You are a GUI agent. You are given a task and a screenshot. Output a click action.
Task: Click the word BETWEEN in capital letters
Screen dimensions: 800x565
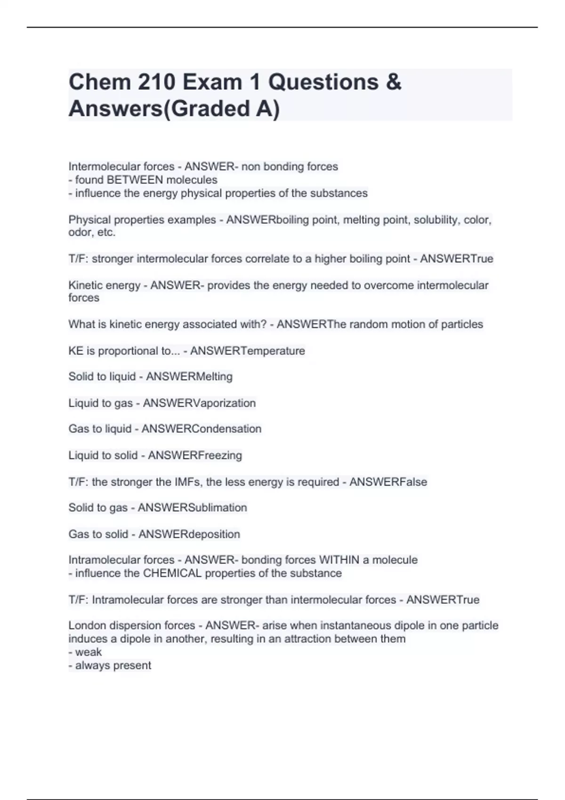135,180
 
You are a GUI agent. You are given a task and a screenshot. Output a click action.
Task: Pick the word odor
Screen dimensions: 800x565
81,232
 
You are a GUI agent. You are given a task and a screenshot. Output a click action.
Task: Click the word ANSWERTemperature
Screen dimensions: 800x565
248,351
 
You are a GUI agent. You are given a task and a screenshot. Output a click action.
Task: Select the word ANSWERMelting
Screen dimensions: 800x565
189,377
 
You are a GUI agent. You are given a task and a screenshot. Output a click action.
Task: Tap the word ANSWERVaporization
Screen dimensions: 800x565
199,403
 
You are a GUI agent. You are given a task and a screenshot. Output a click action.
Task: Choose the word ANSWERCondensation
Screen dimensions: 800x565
202,429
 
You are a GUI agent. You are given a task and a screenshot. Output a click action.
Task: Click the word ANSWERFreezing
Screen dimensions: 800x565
195,456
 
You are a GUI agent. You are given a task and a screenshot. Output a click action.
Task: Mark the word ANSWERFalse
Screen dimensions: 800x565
388,482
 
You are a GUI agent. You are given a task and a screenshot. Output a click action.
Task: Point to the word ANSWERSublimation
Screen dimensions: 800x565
192,508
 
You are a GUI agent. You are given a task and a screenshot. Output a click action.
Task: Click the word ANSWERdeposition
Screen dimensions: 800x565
189,534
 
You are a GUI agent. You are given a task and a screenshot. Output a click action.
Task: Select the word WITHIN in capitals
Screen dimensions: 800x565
339,560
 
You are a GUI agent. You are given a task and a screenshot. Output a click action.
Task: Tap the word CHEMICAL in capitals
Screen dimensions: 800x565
172,573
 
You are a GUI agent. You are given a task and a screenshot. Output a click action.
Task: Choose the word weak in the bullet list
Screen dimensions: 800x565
89,652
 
